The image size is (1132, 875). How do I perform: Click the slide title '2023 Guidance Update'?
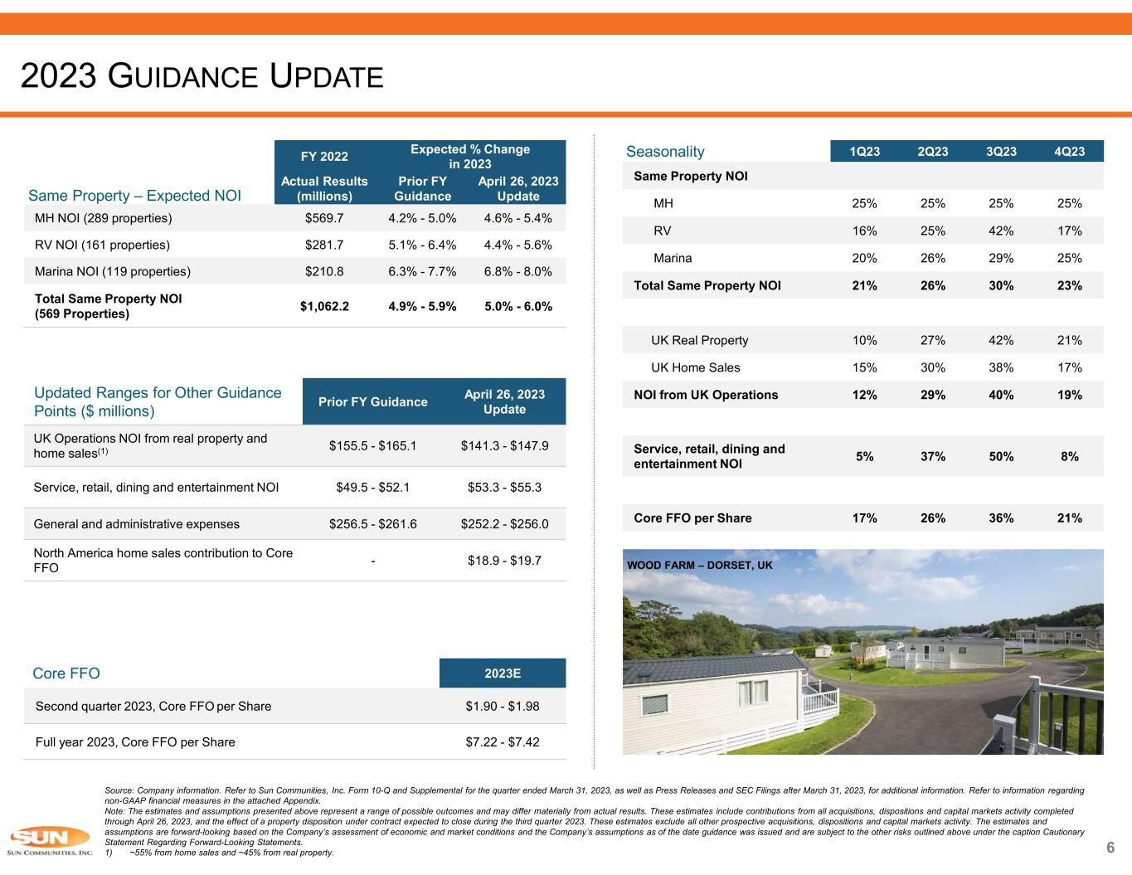(x=202, y=76)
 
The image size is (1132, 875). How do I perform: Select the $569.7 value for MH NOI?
(x=324, y=218)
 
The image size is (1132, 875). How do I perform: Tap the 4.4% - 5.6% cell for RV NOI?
(x=517, y=245)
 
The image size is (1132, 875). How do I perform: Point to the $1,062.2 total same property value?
(x=324, y=306)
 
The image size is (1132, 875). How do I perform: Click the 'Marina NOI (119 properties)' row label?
(x=113, y=271)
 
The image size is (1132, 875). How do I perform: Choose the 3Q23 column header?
(x=1001, y=151)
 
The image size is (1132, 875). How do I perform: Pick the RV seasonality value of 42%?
(x=1001, y=231)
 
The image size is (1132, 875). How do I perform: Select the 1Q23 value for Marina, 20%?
(x=865, y=258)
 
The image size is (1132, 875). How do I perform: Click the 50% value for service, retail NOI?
(x=1001, y=456)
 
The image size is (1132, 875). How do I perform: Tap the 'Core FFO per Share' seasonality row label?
(x=692, y=518)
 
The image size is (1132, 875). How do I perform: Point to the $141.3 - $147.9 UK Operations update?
(x=504, y=445)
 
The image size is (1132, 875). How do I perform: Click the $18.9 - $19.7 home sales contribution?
(x=504, y=561)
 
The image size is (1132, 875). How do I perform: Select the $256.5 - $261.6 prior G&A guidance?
(x=373, y=524)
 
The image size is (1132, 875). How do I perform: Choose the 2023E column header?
(x=503, y=673)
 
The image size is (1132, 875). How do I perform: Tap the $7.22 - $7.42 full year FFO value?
(x=503, y=742)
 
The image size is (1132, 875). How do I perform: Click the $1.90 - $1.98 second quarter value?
(x=503, y=707)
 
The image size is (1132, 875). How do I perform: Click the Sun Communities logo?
(x=50, y=840)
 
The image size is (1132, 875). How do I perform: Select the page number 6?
(x=1110, y=847)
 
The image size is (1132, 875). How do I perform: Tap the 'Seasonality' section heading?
(x=665, y=152)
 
